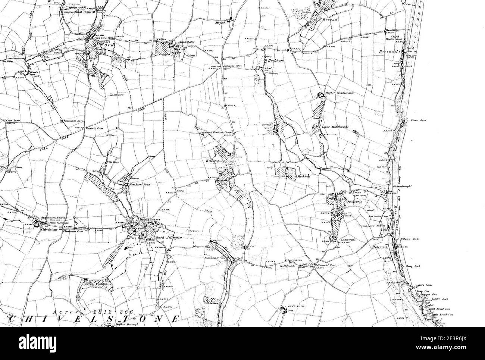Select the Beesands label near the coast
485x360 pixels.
(x=390, y=51)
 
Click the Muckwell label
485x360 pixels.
(x=302, y=176)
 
